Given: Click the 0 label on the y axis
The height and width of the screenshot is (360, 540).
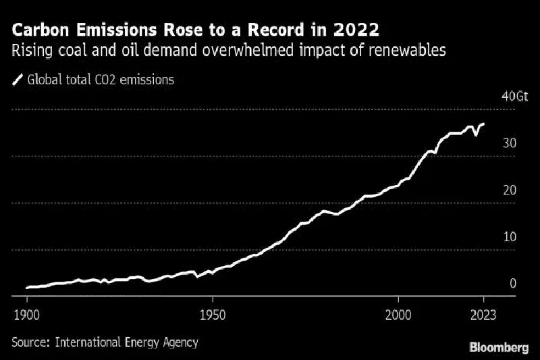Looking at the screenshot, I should pyautogui.click(x=513, y=284).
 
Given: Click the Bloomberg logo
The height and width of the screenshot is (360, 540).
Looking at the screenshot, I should pyautogui.click(x=499, y=347).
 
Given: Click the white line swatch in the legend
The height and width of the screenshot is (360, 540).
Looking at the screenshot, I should pyautogui.click(x=17, y=80).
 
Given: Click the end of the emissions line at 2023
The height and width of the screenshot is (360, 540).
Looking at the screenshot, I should pyautogui.click(x=483, y=124).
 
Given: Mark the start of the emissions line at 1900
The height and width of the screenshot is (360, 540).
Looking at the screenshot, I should pyautogui.click(x=27, y=288).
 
